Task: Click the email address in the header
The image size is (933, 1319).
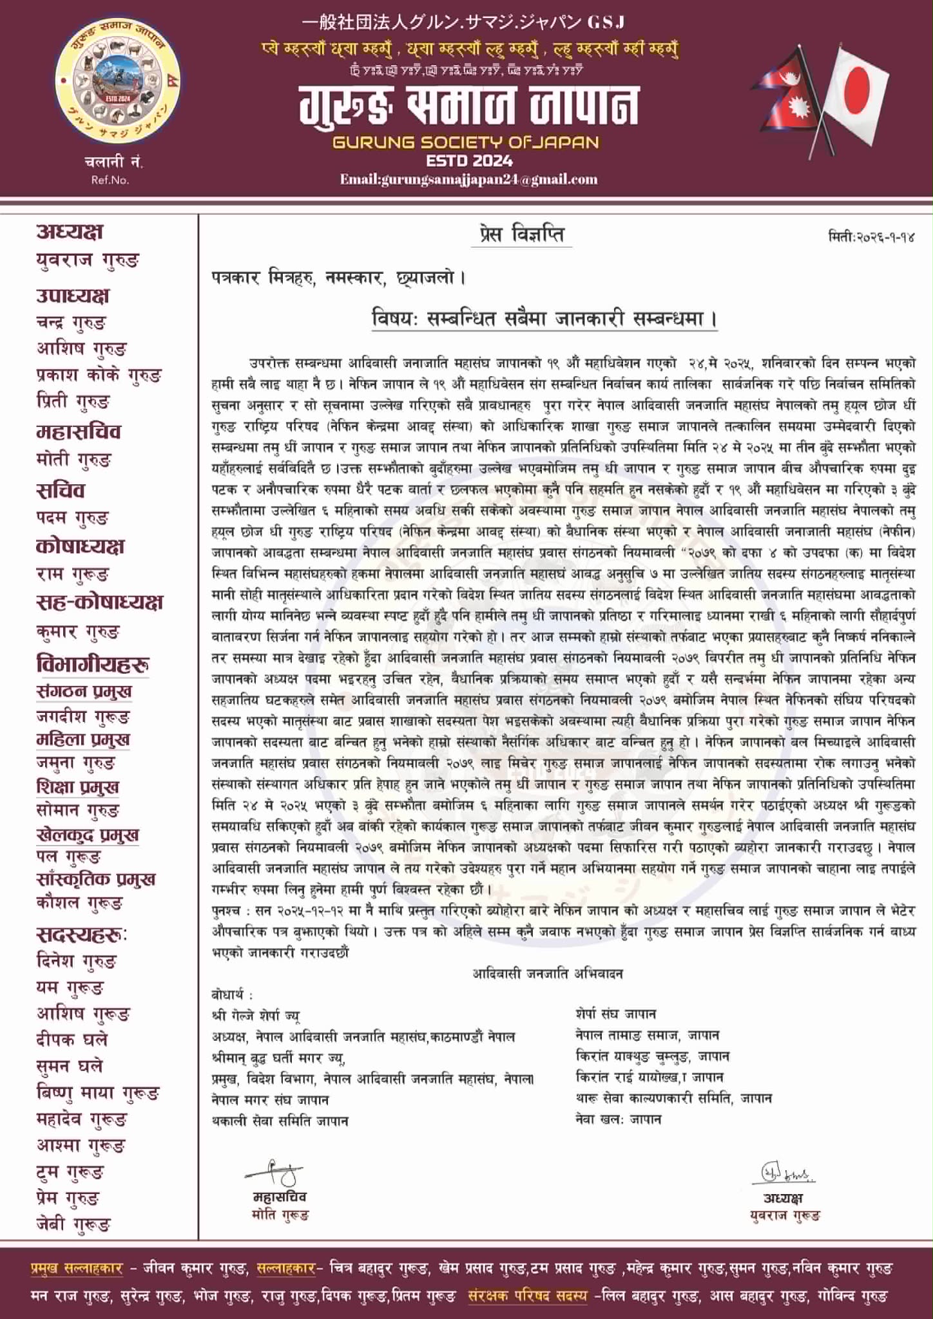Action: click(468, 180)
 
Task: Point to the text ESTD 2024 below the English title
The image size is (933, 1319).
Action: click(469, 160)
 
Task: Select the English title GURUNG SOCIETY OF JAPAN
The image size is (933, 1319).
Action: click(466, 142)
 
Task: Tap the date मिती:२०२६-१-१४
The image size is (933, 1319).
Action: click(871, 237)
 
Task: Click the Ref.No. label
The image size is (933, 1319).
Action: click(110, 180)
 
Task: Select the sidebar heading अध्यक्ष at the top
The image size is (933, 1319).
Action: click(70, 232)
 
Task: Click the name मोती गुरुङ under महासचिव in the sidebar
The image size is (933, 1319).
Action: click(74, 460)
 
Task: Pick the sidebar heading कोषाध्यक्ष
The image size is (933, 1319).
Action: click(80, 546)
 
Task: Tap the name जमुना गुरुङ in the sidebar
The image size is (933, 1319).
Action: click(76, 763)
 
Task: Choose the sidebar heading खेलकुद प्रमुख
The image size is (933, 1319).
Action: click(88, 835)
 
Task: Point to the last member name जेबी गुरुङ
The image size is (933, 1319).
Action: click(73, 1224)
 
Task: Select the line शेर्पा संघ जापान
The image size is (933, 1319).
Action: click(616, 1014)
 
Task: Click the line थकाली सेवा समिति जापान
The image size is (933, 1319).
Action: click(280, 1121)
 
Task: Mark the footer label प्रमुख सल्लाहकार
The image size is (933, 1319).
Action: click(76, 1268)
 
